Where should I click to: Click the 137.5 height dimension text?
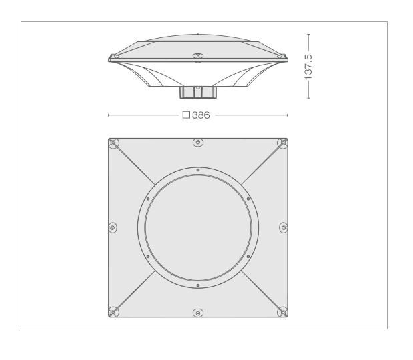(308, 67)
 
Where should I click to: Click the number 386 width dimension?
(201, 115)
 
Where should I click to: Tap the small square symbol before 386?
(186, 115)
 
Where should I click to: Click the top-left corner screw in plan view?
(113, 143)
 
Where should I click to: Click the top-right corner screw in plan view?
(283, 143)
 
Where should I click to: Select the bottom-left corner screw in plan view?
(113, 312)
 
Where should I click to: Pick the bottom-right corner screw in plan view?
(283, 312)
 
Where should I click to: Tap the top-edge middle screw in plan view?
(198, 143)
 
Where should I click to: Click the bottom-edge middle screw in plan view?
(198, 313)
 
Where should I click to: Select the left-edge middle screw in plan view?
(113, 227)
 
